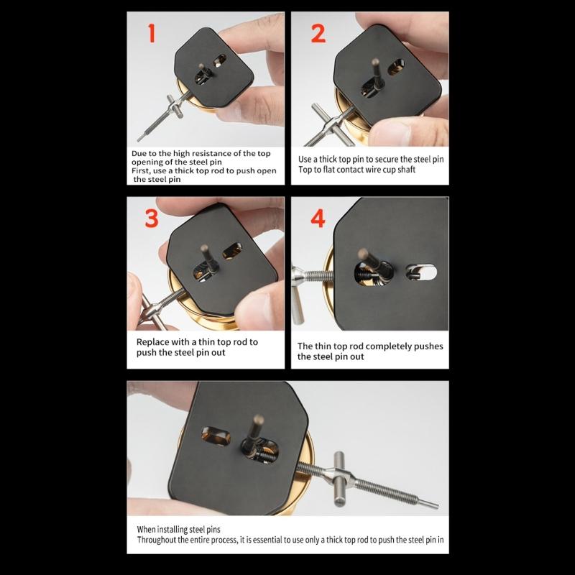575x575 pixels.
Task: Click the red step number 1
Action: click(151, 34)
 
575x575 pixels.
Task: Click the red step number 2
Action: click(318, 34)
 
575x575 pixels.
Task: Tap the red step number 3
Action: click(151, 218)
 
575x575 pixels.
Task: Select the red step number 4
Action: click(318, 218)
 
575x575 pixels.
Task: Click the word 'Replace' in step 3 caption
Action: click(154, 342)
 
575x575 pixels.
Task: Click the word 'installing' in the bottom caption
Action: click(169, 528)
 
